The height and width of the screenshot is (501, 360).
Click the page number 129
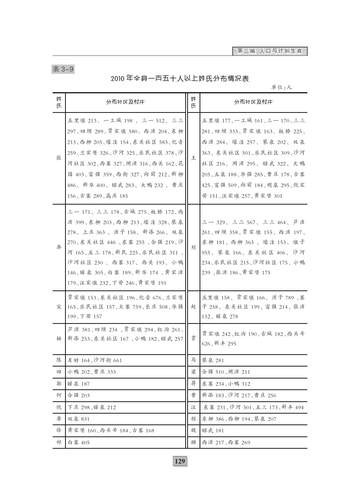point(180,461)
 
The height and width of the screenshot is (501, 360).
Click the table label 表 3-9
point(63,69)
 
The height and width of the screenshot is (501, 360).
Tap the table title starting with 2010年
point(180,79)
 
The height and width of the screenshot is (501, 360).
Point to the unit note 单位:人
point(281,87)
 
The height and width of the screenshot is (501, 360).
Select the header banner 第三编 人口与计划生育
point(269,51)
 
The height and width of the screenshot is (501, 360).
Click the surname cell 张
point(59,158)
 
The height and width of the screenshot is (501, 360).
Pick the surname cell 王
point(194,158)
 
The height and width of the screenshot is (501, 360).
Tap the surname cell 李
point(59,247)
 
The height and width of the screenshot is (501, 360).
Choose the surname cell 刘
point(194,247)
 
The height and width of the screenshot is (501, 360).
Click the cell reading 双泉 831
point(79,419)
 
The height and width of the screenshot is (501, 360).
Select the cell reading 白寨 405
point(79,442)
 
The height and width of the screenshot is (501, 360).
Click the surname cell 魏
point(194,430)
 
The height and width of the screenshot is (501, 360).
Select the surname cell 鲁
point(59,419)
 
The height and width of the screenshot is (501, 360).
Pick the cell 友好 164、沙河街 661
point(95,360)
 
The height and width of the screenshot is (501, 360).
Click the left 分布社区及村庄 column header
point(125,102)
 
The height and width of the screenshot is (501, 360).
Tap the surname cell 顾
point(194,442)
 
